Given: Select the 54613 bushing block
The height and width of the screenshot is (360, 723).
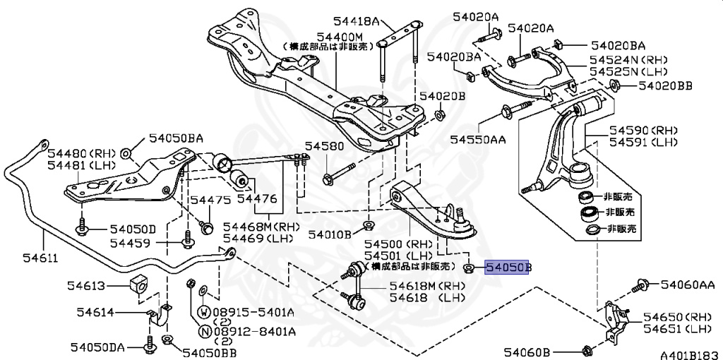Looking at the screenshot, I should (x=139, y=284).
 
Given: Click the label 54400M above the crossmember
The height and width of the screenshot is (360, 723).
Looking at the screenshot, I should (x=339, y=36).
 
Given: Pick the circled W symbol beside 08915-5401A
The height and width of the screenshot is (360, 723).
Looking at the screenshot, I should (x=203, y=311).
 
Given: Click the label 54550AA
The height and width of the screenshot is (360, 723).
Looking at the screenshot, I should (x=478, y=139).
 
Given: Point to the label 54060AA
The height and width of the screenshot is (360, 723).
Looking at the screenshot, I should (x=688, y=284).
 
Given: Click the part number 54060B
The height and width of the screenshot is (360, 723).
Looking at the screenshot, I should (x=527, y=351).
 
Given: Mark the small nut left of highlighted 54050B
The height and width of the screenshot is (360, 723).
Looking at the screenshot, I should (x=468, y=268).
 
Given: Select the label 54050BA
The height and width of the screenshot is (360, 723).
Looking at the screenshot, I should (x=175, y=138).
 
